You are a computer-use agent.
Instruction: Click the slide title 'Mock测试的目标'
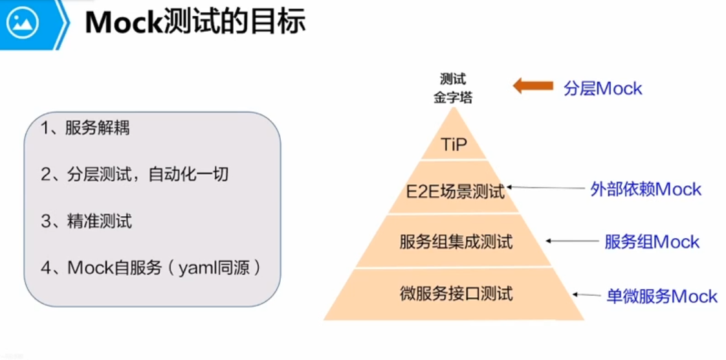(x=195, y=24)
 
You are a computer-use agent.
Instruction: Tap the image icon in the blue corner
(x=23, y=23)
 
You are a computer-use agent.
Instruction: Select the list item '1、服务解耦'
(x=85, y=128)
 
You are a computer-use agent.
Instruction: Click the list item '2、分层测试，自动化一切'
(x=135, y=174)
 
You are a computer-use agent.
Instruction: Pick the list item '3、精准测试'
(x=86, y=221)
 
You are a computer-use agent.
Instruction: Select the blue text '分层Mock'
(x=602, y=88)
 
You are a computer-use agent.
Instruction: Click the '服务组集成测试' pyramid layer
(x=456, y=242)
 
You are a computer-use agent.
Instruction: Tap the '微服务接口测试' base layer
(x=456, y=294)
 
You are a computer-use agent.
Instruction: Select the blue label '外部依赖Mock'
(x=645, y=189)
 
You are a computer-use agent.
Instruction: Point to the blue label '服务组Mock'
(x=652, y=242)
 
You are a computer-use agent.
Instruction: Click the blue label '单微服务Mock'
(x=661, y=297)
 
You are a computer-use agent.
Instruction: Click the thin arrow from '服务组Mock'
(x=572, y=241)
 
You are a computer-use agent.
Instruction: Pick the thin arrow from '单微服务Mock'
(x=586, y=295)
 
